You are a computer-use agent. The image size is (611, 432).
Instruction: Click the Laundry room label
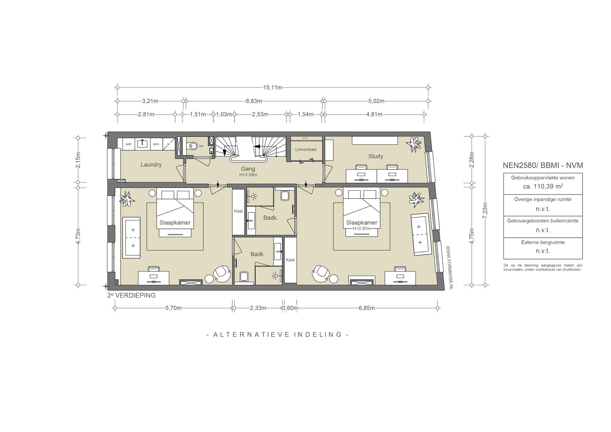pos(151,165)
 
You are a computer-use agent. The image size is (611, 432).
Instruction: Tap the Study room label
pos(376,156)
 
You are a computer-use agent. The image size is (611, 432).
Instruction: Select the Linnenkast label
pos(306,149)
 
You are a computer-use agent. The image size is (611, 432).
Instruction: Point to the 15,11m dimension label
pos(272,87)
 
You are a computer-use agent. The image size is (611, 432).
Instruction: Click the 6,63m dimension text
pos(254,101)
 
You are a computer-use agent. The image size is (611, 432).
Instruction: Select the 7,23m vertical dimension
pos(485,211)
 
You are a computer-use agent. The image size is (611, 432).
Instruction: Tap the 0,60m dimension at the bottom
pos(290,308)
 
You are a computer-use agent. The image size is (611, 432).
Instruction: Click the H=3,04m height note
pos(248,175)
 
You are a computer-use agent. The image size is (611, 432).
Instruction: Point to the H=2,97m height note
pos(362,229)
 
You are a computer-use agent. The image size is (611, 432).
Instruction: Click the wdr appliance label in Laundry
pos(129,144)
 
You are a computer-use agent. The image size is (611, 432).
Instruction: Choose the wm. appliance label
pos(156,144)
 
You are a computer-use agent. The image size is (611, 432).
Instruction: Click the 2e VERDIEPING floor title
pos(132,295)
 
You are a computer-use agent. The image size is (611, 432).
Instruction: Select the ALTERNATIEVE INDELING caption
pos(278,334)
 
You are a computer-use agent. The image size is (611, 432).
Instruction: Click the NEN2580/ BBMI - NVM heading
pos(543,165)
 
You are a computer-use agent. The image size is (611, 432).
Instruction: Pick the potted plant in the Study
pos(414,144)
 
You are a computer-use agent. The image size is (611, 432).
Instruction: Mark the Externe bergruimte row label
pos(543,242)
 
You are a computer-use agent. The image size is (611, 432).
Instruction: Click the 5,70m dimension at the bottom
pos(173,308)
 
